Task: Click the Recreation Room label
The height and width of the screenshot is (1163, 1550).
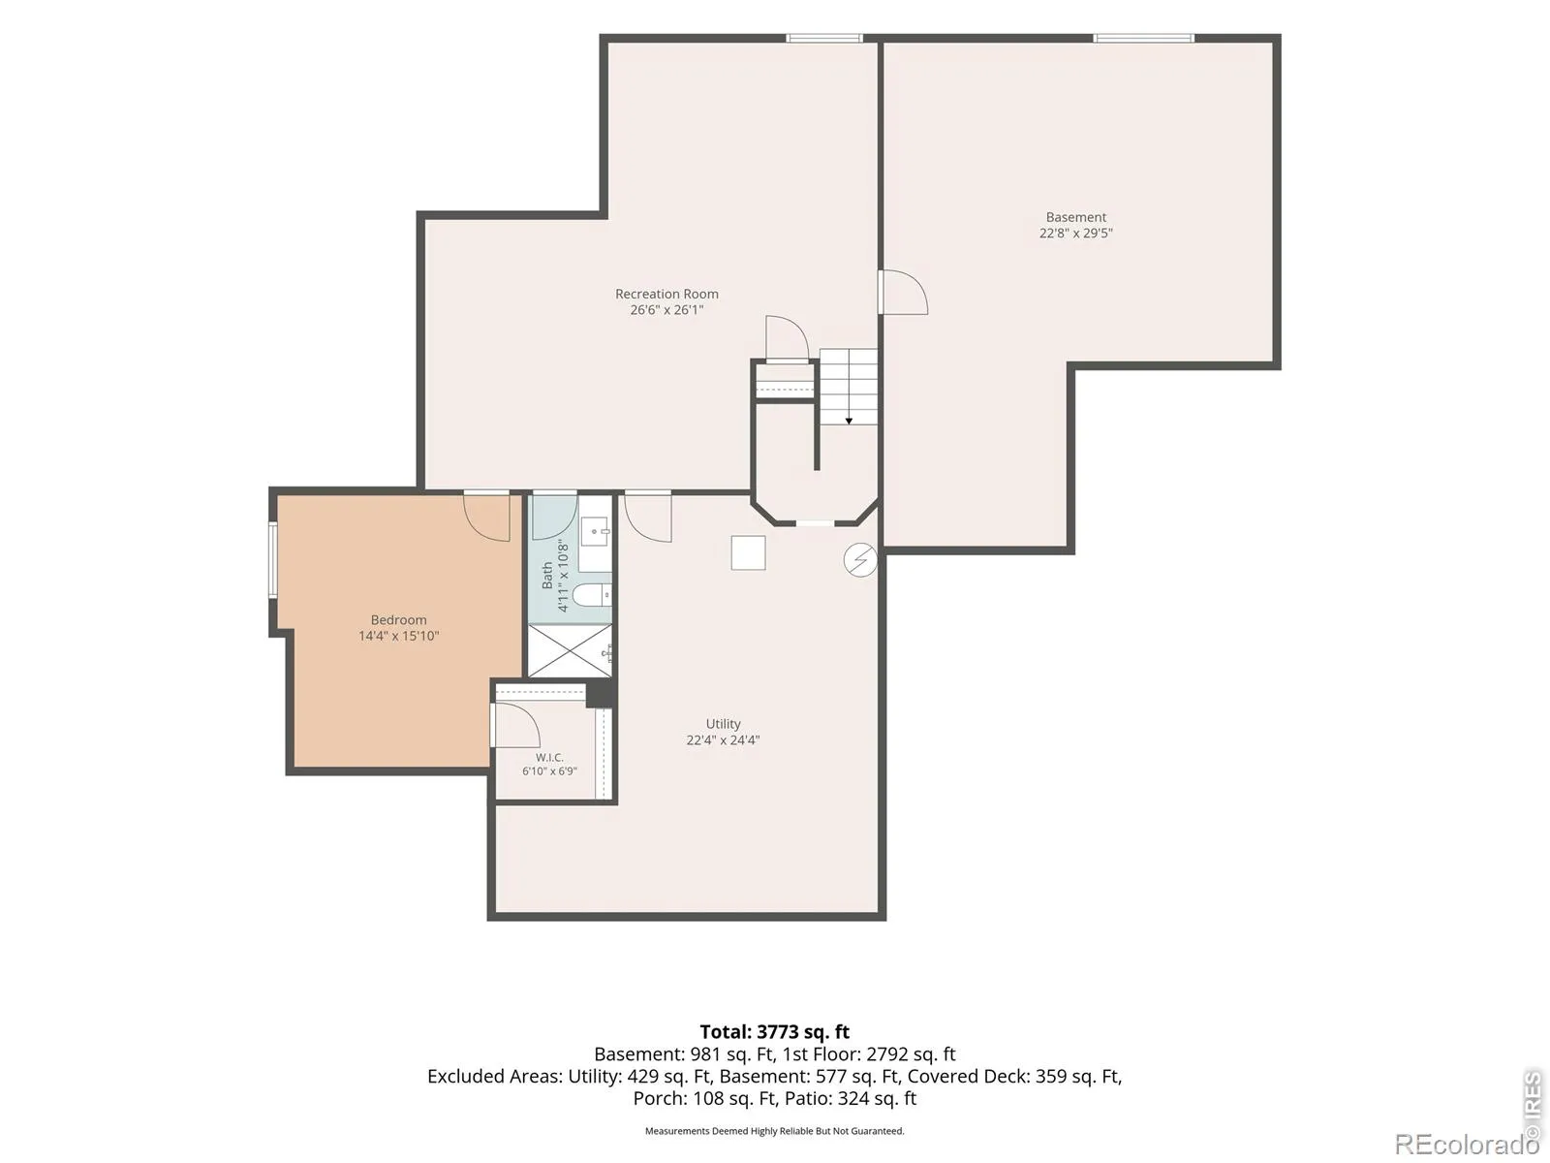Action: (x=666, y=294)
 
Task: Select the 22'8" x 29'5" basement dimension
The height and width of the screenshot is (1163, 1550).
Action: (x=1075, y=233)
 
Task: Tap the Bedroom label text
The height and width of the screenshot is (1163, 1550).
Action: (x=398, y=620)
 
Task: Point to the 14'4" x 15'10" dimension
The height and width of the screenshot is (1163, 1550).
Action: (x=398, y=636)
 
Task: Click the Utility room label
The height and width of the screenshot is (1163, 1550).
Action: (x=723, y=724)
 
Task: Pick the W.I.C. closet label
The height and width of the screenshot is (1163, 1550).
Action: (x=549, y=758)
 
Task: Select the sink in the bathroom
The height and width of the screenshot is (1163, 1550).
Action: (x=595, y=531)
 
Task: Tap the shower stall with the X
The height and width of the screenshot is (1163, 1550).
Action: (x=570, y=651)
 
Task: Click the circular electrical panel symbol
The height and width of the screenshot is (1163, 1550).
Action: (x=860, y=561)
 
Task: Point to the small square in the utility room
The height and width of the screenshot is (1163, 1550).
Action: (x=748, y=552)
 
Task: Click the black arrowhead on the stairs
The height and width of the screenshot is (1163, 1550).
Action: (x=849, y=421)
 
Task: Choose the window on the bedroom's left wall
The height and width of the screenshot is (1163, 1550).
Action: (x=272, y=561)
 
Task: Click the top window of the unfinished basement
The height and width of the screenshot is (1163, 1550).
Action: (x=1143, y=38)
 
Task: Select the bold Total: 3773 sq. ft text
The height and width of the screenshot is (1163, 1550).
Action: (x=775, y=1031)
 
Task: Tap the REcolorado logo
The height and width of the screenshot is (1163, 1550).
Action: (x=1467, y=1144)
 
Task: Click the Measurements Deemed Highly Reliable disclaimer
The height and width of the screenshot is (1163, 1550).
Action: (x=775, y=1130)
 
